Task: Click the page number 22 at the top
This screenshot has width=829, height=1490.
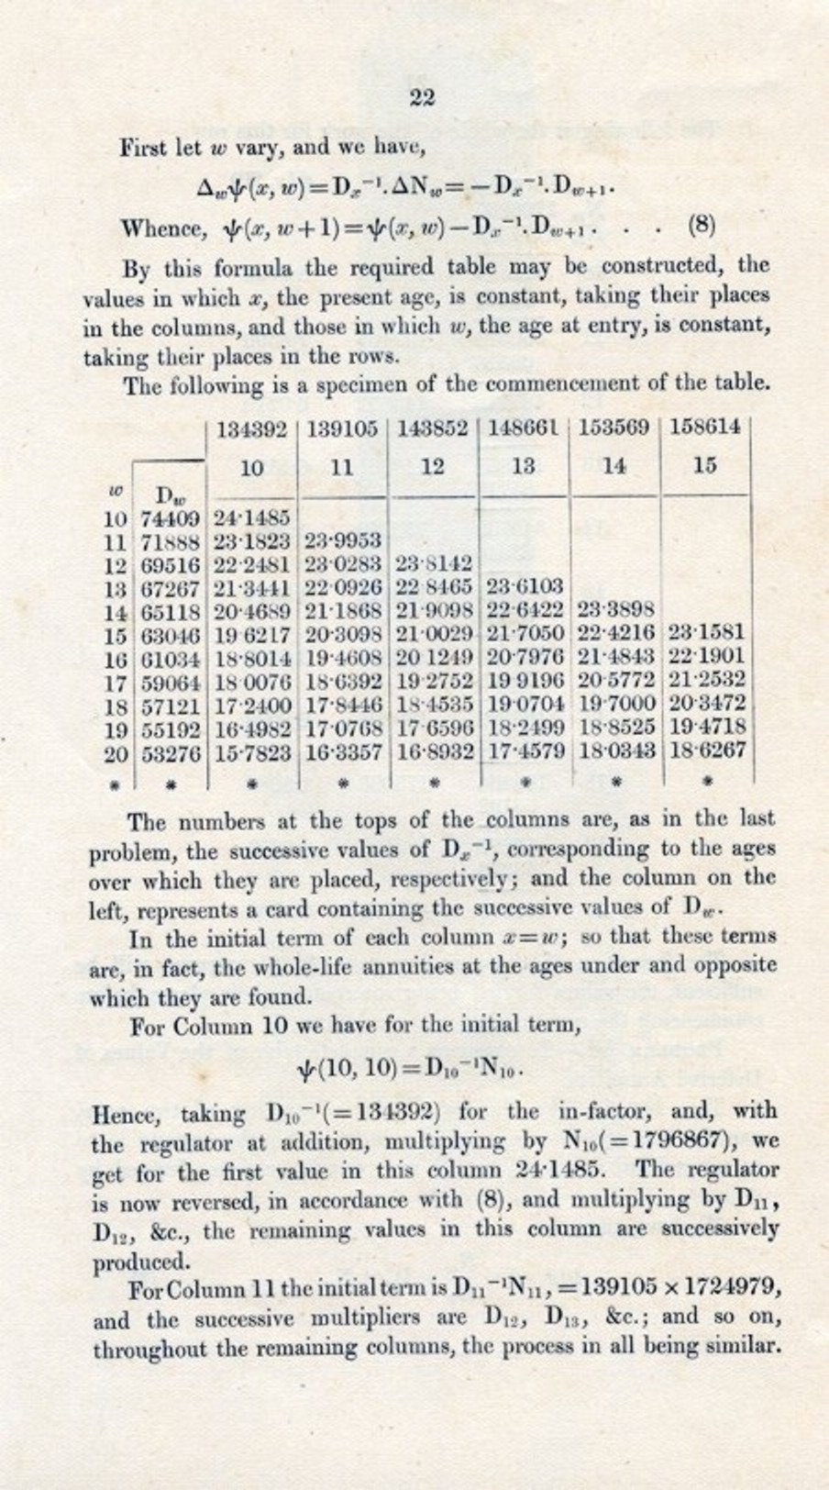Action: point(422,97)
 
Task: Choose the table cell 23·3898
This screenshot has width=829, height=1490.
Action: point(614,609)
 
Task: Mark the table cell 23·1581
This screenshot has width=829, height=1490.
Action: point(705,633)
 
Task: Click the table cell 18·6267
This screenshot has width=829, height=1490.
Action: point(705,751)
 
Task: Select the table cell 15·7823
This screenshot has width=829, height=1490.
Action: point(252,753)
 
